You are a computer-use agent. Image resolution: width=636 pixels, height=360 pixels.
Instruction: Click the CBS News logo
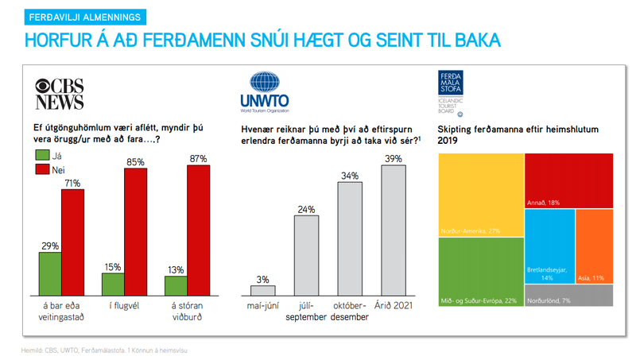[x=60, y=95]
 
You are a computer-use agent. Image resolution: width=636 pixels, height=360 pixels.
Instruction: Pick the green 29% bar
[x=50, y=273]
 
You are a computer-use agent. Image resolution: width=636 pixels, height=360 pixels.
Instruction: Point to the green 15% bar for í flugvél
[x=113, y=284]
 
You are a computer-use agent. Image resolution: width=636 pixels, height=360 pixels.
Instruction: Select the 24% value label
[x=307, y=210]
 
